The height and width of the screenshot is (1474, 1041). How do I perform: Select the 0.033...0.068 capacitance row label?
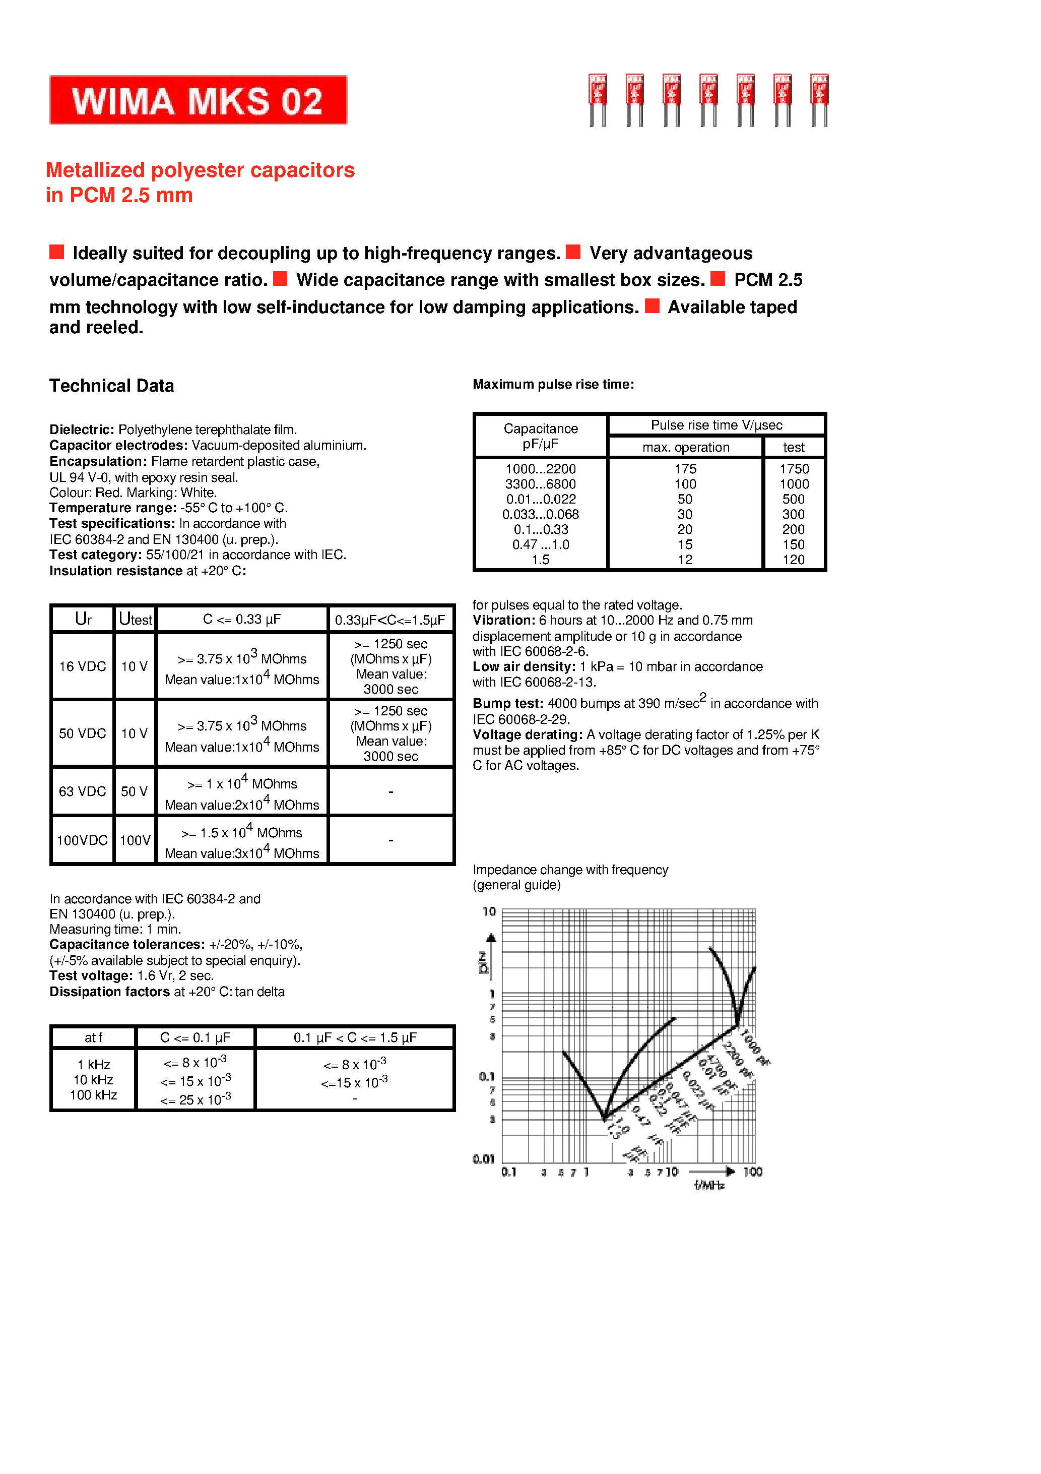click(540, 514)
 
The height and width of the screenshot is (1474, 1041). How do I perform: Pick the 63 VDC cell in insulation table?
click(82, 791)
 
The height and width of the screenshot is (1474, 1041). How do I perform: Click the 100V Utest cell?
click(135, 840)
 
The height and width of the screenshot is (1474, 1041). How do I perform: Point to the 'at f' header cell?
click(93, 1037)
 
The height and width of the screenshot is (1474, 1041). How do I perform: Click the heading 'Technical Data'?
click(112, 386)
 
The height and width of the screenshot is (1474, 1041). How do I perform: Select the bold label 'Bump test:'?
click(508, 704)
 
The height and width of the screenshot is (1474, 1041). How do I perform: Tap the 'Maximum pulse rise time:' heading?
click(553, 385)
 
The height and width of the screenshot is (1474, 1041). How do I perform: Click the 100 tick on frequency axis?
click(752, 1172)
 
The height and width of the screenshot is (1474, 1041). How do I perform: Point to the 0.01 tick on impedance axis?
click(483, 1159)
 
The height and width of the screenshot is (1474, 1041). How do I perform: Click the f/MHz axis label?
click(708, 1185)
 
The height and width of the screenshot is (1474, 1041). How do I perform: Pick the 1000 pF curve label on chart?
click(755, 1047)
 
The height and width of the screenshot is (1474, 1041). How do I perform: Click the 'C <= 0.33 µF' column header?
click(241, 619)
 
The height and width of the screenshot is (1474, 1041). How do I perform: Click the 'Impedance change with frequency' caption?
click(570, 870)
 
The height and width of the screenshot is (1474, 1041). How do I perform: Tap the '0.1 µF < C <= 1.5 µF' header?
click(355, 1037)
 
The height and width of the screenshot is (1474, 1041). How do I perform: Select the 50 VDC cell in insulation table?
click(82, 733)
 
